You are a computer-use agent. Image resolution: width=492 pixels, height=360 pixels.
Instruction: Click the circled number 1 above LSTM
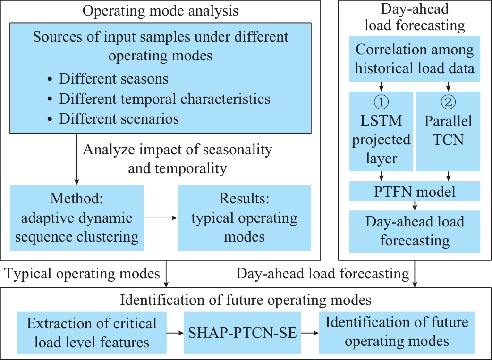(x=381, y=101)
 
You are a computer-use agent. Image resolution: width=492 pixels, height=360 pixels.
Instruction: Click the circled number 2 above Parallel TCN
(x=448, y=101)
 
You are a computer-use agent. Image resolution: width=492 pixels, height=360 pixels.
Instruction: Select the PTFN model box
(x=415, y=191)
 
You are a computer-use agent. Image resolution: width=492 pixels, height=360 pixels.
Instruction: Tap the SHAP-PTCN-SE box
(x=242, y=333)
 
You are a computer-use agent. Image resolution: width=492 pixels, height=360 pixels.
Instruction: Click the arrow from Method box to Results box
(x=161, y=218)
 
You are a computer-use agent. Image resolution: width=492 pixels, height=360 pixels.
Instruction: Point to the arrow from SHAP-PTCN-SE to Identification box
(x=310, y=333)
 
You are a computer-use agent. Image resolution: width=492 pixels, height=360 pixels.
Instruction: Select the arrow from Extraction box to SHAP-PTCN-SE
(x=175, y=333)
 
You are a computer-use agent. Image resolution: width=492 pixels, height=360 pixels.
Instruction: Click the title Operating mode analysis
(x=161, y=11)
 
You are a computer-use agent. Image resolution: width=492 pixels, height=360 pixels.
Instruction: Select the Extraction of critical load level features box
(x=92, y=333)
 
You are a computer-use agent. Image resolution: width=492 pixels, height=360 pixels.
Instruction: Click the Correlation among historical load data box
(x=415, y=59)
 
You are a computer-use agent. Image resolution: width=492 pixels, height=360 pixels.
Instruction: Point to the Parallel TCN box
(x=448, y=131)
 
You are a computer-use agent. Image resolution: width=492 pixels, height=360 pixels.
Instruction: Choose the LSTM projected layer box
(x=381, y=131)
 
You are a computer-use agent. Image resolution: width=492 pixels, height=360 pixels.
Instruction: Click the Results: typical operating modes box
(x=244, y=218)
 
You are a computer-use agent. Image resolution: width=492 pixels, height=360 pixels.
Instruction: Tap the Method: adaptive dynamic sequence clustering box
(x=76, y=218)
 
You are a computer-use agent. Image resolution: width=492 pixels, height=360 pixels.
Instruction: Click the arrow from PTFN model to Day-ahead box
(x=415, y=206)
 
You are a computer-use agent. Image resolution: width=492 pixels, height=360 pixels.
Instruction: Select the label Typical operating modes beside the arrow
(x=82, y=274)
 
